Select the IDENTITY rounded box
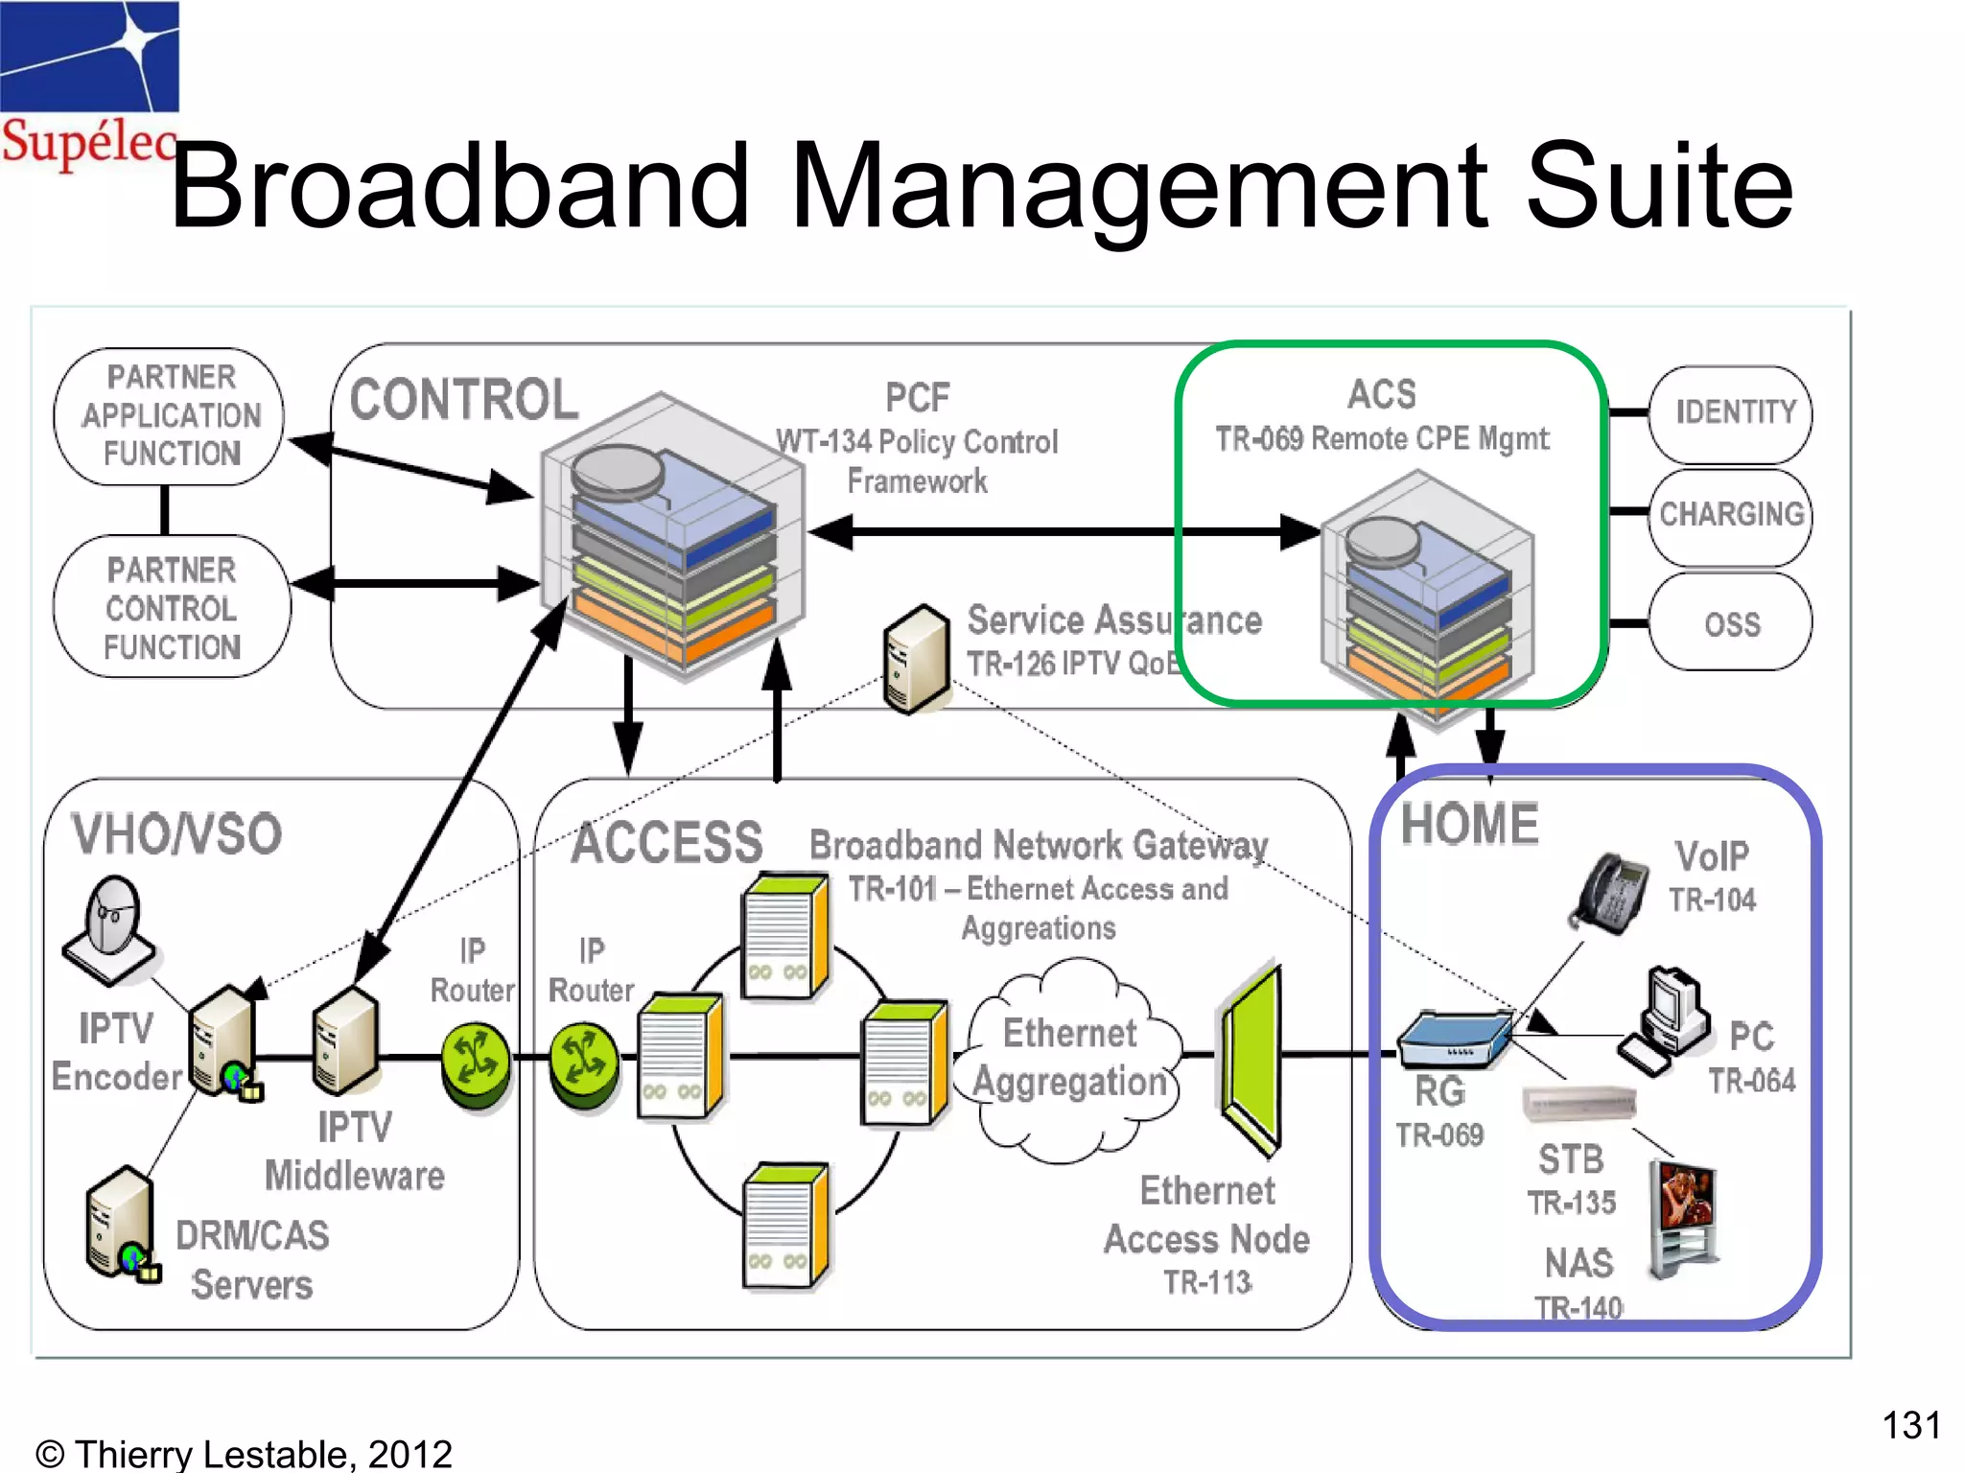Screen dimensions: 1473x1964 tap(1731, 413)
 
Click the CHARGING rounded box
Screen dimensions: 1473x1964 tap(1731, 515)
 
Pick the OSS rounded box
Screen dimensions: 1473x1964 tap(1731, 624)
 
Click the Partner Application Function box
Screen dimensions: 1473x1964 tap(171, 415)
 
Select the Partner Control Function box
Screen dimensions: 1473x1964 tap(171, 608)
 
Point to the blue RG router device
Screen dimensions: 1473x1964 tap(1454, 1040)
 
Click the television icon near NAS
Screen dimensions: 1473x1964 tap(1684, 1218)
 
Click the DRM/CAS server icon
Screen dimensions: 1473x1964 tap(121, 1224)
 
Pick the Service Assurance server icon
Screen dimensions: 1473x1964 tap(916, 660)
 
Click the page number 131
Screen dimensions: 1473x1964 tap(1910, 1425)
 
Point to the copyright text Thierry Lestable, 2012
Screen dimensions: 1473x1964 tap(244, 1454)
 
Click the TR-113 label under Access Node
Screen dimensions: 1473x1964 tap(1207, 1282)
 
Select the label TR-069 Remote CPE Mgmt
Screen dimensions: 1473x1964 tap(1382, 439)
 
